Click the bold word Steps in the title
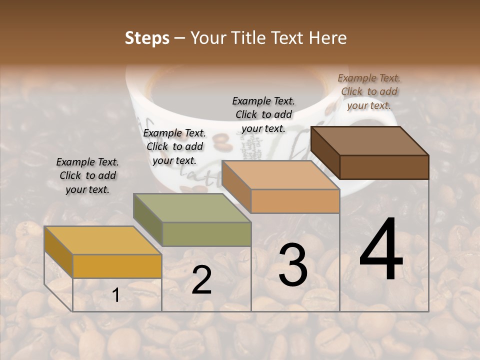[147, 38]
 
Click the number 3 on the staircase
[292, 265]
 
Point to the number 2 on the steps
[201, 280]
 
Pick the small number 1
[115, 295]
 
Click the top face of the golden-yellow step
[102, 240]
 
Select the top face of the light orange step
[280, 175]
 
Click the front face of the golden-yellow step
[117, 266]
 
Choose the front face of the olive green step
[206, 234]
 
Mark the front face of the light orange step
[295, 201]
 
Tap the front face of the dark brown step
[384, 167]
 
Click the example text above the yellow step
[87, 175]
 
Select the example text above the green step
[174, 146]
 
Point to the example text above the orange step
[263, 114]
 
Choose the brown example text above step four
[369, 91]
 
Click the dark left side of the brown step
[325, 152]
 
